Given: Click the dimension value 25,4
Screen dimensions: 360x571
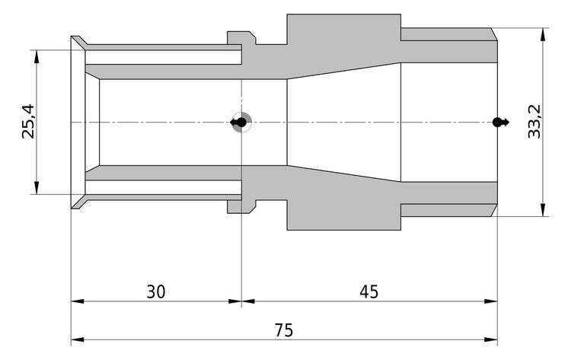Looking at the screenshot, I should [x=28, y=123].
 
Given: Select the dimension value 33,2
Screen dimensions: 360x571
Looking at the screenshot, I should [x=534, y=123].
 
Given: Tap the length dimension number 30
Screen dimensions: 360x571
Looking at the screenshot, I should [x=156, y=292].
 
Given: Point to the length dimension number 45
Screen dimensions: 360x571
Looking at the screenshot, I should [x=368, y=292].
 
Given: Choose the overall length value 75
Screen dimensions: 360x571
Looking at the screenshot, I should [x=284, y=330].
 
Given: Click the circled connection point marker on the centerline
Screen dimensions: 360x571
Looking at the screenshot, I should [x=241, y=123].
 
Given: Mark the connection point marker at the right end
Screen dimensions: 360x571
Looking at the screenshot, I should [x=498, y=123].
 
